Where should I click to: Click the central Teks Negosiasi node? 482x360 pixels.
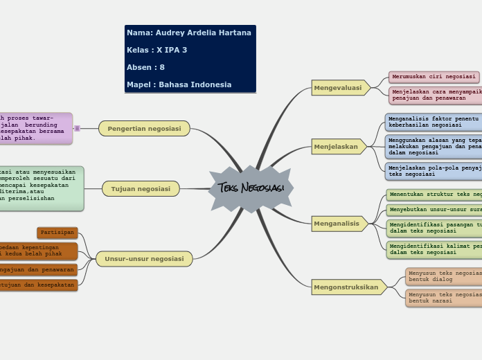tap(251, 188)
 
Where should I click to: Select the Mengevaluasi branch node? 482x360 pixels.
tap(339, 88)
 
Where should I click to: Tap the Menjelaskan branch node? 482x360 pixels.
tap(337, 147)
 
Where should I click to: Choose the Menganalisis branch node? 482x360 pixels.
tap(337, 224)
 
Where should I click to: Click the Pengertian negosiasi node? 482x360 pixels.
tap(144, 128)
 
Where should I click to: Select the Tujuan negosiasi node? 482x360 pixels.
tap(141, 188)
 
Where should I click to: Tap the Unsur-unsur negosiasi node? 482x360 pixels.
tap(144, 259)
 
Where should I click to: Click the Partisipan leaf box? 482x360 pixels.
tap(57, 233)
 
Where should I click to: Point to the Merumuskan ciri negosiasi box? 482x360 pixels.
tap(434, 77)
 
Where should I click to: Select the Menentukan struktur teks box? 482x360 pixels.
tap(434, 195)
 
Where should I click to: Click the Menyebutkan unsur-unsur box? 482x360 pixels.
tap(434, 210)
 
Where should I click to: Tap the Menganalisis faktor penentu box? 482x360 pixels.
tap(434, 122)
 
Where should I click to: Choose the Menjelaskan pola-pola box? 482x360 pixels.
tap(434, 171)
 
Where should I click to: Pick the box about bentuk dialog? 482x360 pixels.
tap(444, 276)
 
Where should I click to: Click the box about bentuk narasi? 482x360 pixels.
tap(444, 298)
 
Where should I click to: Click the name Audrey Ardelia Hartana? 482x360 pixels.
tap(189, 33)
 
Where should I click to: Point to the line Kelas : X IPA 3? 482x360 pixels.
tap(157, 50)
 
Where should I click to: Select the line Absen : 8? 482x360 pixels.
tap(146, 67)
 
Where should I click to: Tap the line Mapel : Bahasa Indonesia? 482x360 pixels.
tap(179, 84)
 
